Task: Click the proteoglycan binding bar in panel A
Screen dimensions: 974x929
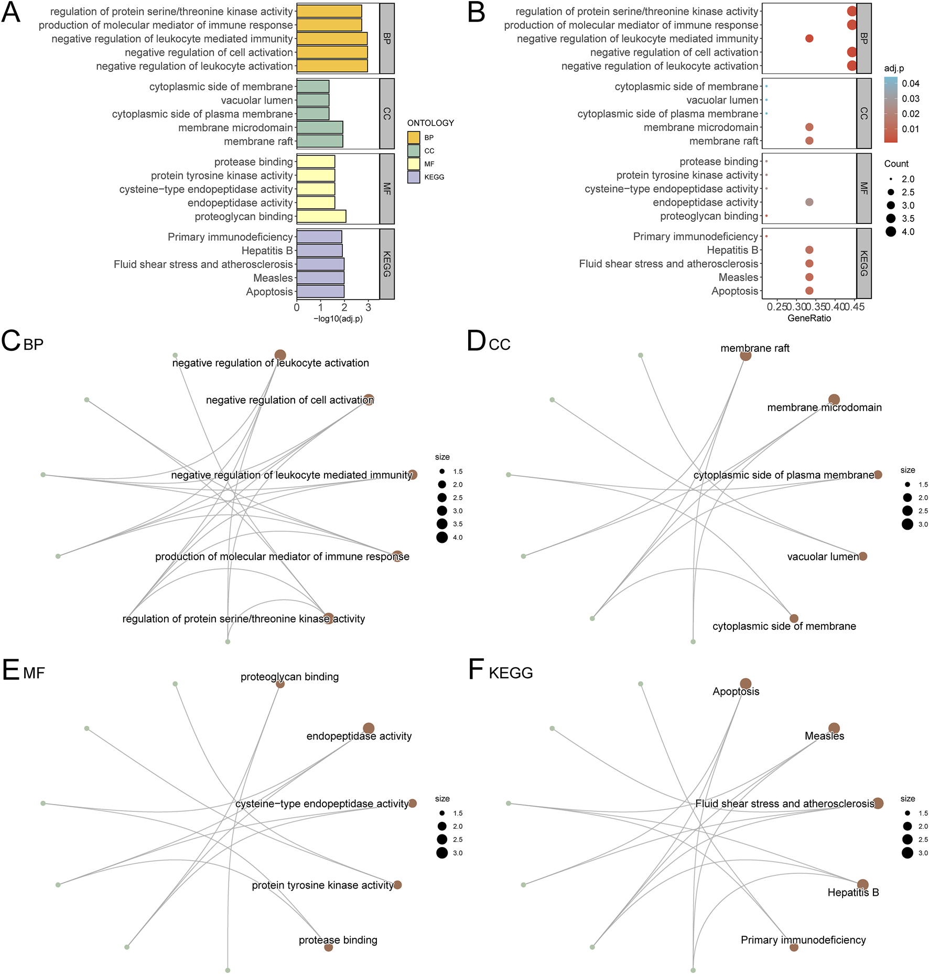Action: (321, 216)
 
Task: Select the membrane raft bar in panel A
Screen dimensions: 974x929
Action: (319, 141)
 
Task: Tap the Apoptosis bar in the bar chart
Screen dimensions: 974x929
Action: (320, 292)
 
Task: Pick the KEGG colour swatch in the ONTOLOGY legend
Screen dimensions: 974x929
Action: (414, 177)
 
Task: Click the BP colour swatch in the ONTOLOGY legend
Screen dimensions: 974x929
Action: (414, 137)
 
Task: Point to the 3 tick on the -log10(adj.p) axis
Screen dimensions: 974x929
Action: (368, 308)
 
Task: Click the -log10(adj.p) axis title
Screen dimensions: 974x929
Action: (338, 318)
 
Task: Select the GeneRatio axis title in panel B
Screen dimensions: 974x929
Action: (809, 318)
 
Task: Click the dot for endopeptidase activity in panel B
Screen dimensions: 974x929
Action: (809, 202)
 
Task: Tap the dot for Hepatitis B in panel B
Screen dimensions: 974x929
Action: (809, 250)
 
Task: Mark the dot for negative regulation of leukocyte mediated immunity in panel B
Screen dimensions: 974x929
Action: (809, 38)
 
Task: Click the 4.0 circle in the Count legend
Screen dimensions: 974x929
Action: (891, 232)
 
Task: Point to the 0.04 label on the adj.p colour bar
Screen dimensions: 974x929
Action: (911, 83)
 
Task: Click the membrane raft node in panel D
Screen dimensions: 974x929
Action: (746, 356)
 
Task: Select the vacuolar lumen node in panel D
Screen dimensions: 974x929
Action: (863, 556)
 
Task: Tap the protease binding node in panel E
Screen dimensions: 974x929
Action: (328, 947)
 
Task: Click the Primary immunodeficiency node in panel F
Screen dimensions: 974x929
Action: (794, 947)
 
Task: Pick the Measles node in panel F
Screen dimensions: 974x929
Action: (834, 728)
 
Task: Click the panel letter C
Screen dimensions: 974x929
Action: (10, 341)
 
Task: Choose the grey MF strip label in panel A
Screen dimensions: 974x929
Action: (387, 189)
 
